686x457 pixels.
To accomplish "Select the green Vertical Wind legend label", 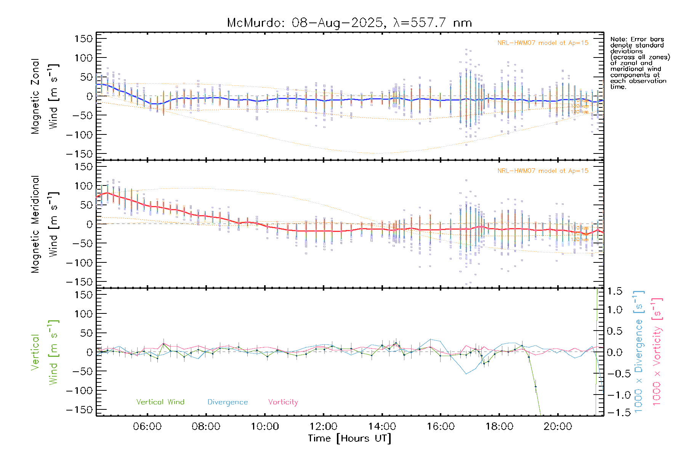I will click(160, 402).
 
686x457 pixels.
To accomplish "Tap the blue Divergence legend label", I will click(228, 402).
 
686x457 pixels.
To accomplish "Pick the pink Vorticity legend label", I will click(283, 402).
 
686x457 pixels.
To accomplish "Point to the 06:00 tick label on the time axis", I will click(147, 426).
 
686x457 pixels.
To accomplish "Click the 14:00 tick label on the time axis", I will click(382, 426).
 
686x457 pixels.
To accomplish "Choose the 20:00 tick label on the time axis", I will click(558, 426).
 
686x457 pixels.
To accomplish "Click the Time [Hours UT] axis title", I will click(349, 438).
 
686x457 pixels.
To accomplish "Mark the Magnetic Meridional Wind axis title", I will click(45, 224).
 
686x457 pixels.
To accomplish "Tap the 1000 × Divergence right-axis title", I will click(638, 352).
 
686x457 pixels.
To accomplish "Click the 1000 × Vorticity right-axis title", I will click(657, 352).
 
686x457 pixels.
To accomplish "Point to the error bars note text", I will click(640, 63).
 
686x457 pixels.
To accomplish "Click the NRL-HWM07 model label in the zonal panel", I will click(543, 43).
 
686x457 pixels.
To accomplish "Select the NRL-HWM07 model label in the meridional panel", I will click(543, 171).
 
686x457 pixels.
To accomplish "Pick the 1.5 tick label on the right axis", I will click(615, 291).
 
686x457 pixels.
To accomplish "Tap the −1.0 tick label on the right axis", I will click(615, 395).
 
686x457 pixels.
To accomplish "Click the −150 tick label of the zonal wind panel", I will click(79, 154).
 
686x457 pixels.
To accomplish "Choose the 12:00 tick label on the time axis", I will click(323, 426).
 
